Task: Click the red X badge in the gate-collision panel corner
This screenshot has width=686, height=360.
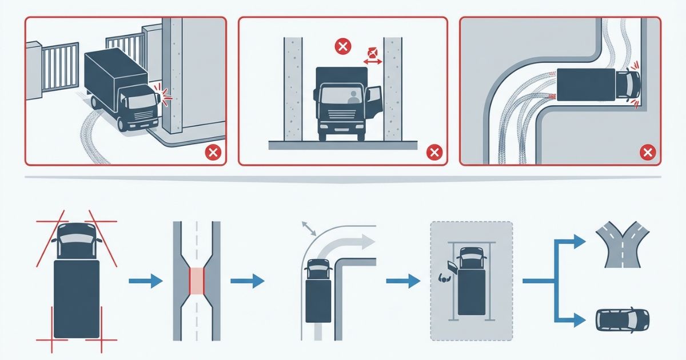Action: [x=213, y=152]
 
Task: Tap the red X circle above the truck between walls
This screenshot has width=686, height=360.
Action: [x=342, y=47]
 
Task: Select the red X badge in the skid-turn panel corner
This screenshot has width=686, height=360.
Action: [x=647, y=152]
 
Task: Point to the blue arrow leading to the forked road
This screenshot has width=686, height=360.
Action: [x=572, y=242]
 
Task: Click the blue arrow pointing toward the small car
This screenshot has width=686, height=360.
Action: [x=572, y=318]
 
